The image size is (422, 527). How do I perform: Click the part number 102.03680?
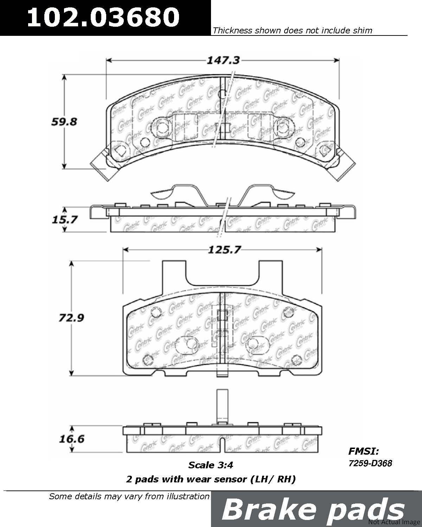point(103,17)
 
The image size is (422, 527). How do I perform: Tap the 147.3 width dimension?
point(223,60)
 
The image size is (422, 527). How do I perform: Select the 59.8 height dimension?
point(64,122)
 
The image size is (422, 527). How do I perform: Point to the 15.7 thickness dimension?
point(65,220)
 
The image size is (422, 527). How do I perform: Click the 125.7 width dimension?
point(224,250)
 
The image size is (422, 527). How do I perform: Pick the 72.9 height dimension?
point(71,318)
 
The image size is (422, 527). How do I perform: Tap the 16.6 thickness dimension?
point(72,439)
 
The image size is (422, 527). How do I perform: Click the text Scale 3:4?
point(211,465)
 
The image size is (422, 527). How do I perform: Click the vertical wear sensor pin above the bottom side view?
point(223,406)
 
